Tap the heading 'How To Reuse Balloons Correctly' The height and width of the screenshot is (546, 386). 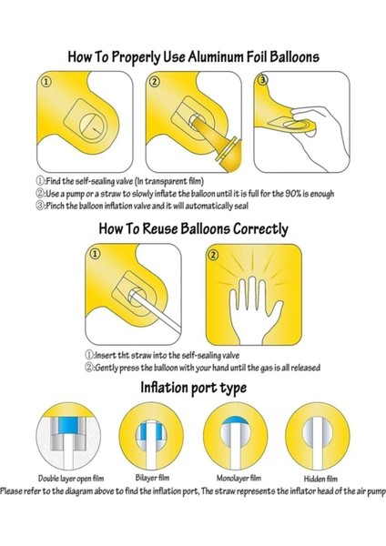click(194, 228)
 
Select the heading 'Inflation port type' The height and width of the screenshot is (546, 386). click(193, 389)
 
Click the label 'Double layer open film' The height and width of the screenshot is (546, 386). click(73, 477)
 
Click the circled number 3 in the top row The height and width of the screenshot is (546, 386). click(265, 83)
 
